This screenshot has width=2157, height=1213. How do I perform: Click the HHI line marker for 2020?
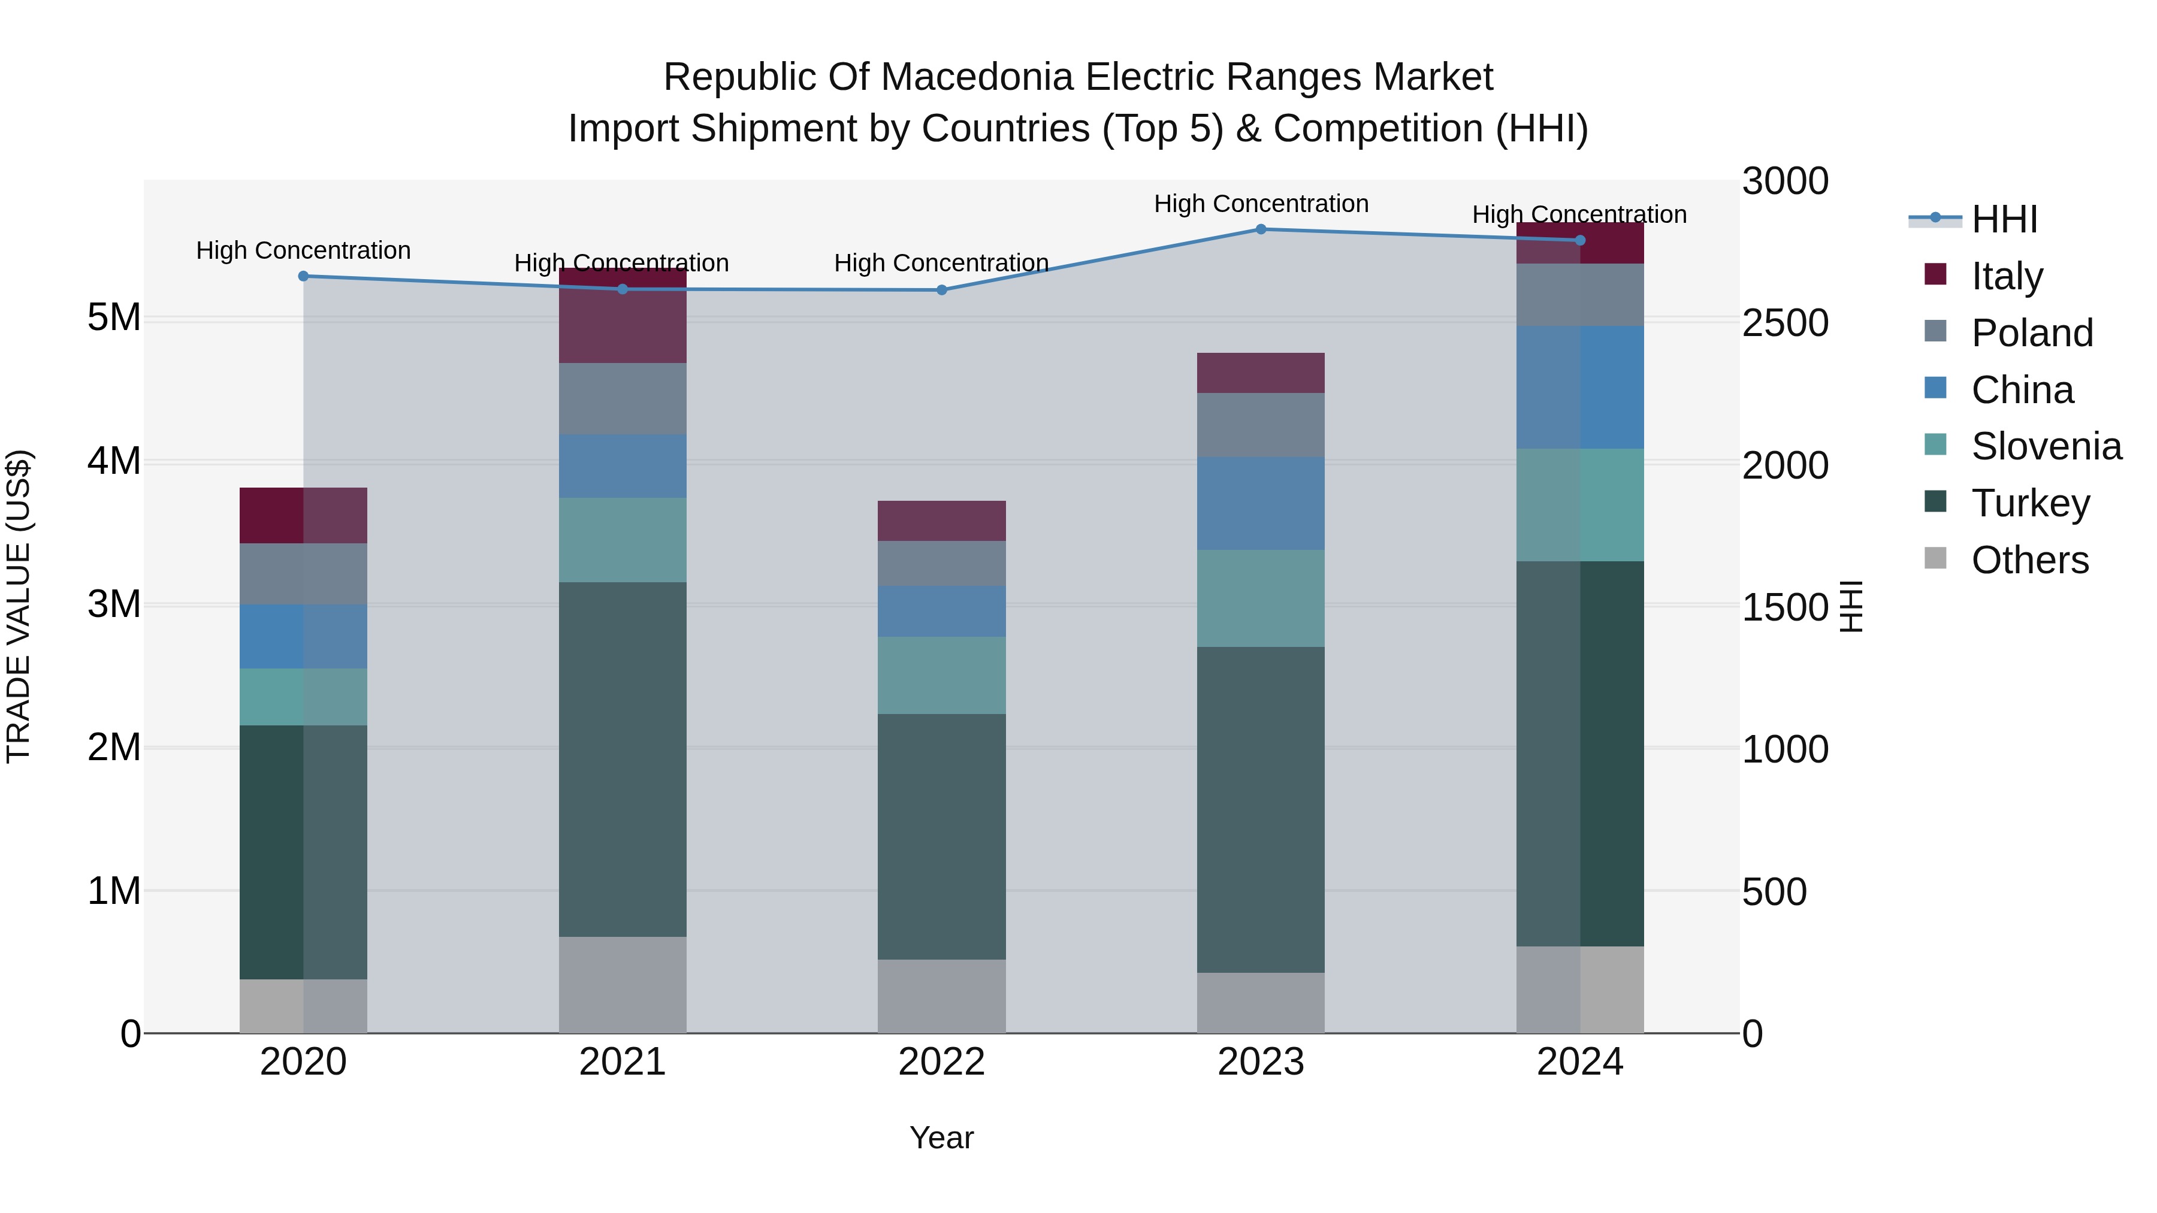tap(303, 276)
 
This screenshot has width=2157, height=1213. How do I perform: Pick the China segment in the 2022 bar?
tap(941, 612)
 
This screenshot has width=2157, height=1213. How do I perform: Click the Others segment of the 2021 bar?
tap(622, 984)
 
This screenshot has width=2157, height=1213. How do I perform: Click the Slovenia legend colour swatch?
tap(1935, 444)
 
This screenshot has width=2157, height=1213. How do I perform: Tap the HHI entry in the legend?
tap(2004, 219)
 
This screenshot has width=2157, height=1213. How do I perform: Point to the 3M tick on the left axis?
tap(114, 604)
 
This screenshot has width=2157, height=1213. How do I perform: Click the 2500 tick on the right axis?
tap(1784, 323)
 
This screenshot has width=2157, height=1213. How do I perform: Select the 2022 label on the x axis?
tap(941, 1062)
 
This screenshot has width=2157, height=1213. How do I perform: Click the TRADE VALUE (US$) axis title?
tap(19, 606)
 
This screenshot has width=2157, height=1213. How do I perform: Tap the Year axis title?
tap(941, 1138)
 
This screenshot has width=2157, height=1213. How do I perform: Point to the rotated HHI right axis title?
tap(1851, 606)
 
